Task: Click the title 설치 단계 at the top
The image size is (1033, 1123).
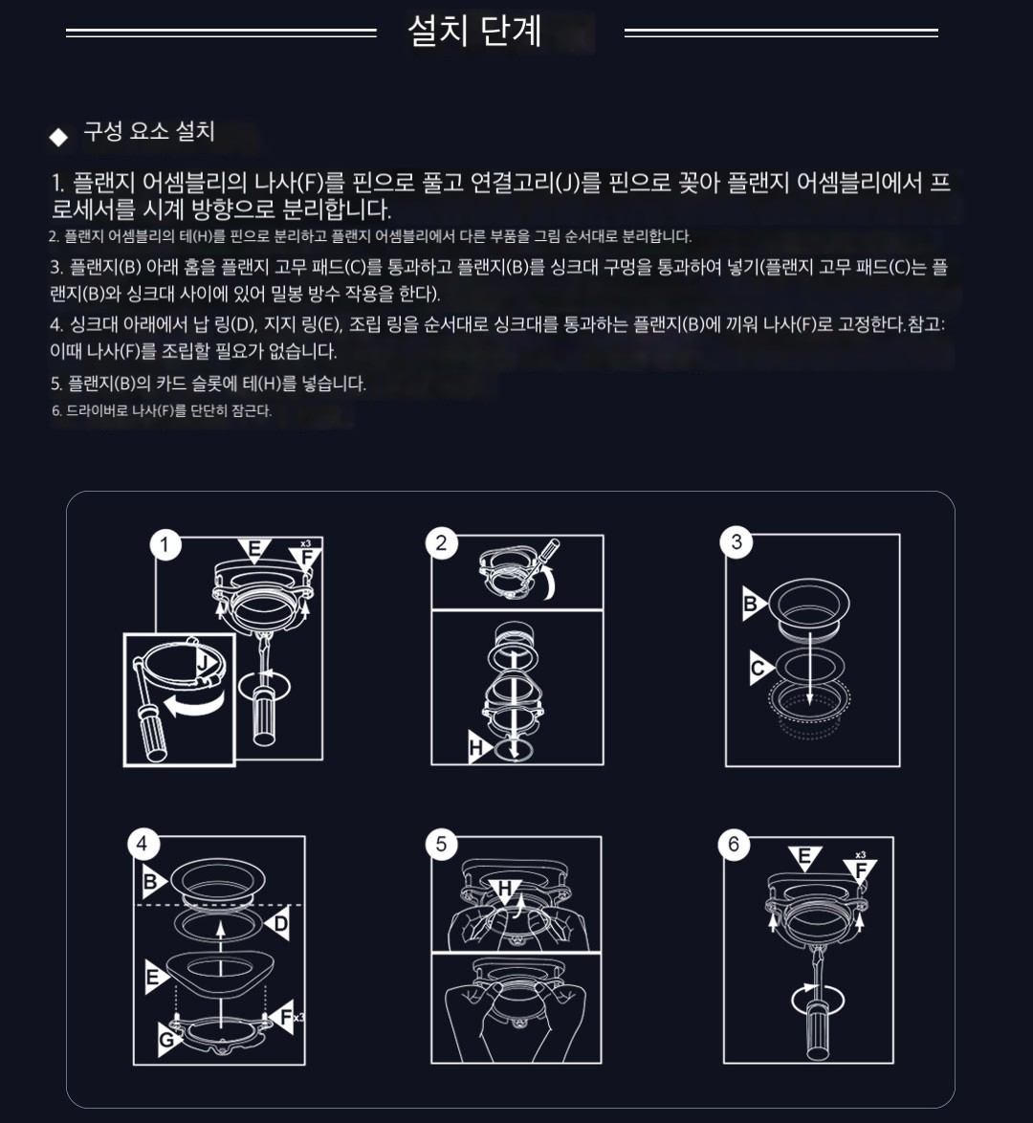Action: [474, 31]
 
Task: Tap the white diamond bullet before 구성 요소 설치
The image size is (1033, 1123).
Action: [58, 137]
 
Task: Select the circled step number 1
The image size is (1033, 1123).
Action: [165, 545]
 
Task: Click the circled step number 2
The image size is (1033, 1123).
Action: [441, 543]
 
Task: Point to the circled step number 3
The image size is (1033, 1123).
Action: [736, 542]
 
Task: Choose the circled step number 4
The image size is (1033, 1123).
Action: [142, 844]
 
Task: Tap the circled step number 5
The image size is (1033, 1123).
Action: [441, 844]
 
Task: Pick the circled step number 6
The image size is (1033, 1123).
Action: [734, 844]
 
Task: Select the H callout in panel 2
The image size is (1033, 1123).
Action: [478, 748]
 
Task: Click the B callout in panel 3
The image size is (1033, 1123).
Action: [753, 603]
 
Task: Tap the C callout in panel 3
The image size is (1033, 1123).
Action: [759, 669]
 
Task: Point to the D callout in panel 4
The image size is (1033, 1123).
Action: [278, 924]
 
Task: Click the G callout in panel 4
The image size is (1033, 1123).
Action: [169, 1039]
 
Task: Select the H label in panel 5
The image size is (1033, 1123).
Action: [505, 890]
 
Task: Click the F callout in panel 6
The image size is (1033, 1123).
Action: [861, 870]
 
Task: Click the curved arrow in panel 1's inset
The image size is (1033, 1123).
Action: [193, 705]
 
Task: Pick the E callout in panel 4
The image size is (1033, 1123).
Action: [155, 977]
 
